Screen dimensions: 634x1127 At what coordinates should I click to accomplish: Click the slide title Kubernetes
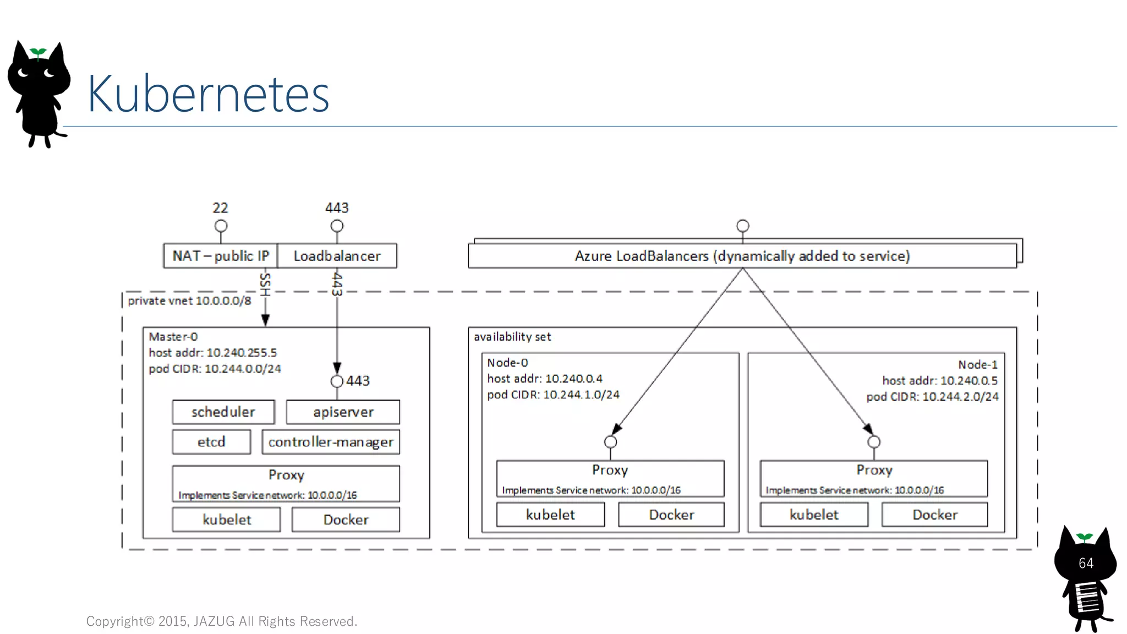pos(208,94)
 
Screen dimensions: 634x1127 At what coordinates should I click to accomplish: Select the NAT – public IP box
pos(221,256)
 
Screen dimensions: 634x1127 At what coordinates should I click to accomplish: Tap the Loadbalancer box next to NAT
pos(337,256)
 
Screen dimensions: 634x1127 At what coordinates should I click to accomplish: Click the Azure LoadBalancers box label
pos(742,256)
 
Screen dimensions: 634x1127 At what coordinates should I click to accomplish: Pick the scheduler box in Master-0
pos(223,412)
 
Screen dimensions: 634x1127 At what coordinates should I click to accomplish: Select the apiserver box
pos(343,412)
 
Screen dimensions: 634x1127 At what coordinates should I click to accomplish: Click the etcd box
pos(211,442)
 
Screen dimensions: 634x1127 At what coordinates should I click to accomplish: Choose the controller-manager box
pos(331,442)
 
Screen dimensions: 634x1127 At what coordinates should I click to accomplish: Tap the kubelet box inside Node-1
pos(814,515)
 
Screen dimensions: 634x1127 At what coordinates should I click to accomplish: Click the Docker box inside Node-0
pos(671,515)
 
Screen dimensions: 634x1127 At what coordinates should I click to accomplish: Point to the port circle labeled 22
pos(221,226)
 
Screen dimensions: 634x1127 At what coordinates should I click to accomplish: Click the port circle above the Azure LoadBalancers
pos(742,226)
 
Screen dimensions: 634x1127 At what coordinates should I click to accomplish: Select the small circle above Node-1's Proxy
pos(874,442)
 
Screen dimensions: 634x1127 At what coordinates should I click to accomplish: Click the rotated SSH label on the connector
pos(265,284)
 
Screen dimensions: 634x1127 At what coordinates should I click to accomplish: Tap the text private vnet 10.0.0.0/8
pos(189,301)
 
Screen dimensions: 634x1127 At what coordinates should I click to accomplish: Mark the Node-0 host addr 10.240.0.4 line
pos(545,379)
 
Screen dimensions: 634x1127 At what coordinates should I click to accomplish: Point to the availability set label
pos(512,337)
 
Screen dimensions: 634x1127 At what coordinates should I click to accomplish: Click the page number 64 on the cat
pos(1086,563)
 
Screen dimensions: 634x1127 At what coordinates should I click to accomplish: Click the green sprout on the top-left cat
pos(38,53)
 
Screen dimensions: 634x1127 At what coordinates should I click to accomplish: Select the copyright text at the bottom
pos(222,621)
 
